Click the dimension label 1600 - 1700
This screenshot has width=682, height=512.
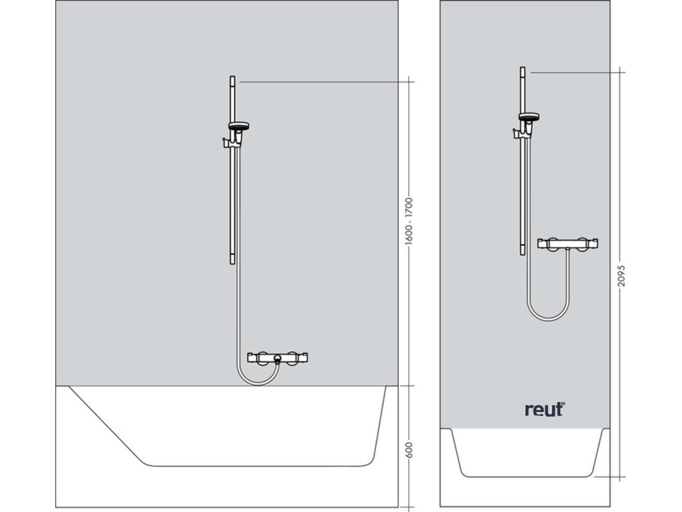[410, 221]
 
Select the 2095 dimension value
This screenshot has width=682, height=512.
[621, 274]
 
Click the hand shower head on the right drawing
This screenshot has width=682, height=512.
[529, 119]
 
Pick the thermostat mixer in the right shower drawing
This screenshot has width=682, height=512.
[571, 243]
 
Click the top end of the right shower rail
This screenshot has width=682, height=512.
[523, 70]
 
